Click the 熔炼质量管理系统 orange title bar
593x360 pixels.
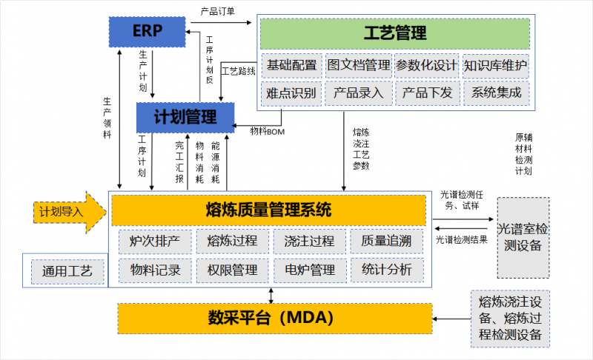[x=268, y=210]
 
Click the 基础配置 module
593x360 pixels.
[x=291, y=66]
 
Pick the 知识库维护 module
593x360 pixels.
[x=495, y=66]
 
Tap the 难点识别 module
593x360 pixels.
[x=291, y=93]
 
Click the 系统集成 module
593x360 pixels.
[x=495, y=93]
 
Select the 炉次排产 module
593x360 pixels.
[x=155, y=241]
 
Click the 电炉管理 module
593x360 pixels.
[x=308, y=270]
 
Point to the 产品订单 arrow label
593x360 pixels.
[x=218, y=11]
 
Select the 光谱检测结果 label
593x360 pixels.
[x=461, y=240]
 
